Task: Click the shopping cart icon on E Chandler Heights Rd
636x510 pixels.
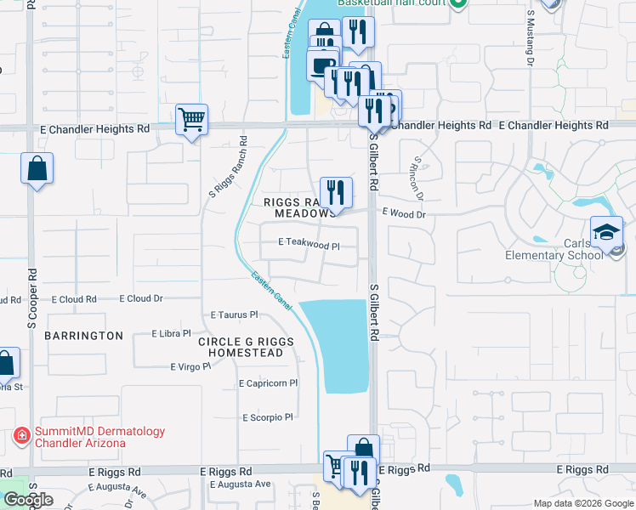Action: (x=191, y=120)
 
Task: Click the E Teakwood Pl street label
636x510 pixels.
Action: (x=309, y=244)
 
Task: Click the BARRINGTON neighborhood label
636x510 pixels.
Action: (x=83, y=336)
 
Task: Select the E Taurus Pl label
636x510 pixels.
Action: (x=234, y=314)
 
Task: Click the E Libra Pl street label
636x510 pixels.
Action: (x=171, y=334)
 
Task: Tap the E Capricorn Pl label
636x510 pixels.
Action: (x=268, y=383)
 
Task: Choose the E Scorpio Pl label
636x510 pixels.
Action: (x=267, y=417)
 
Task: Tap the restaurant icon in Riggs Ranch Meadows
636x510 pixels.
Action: (x=335, y=193)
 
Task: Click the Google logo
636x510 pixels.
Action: (x=28, y=500)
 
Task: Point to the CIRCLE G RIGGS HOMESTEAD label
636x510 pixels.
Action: (x=246, y=347)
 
